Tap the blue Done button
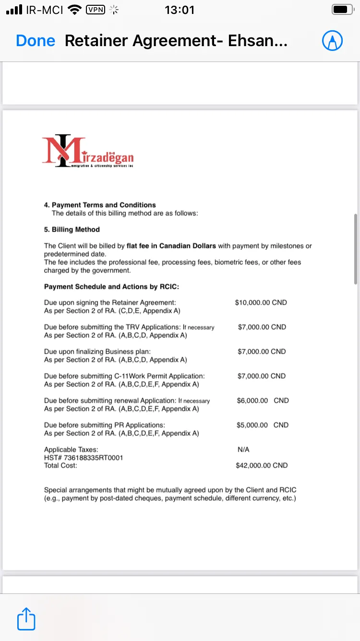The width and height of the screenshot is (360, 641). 36,41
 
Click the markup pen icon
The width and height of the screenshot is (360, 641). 332,41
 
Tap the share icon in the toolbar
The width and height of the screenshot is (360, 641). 26,619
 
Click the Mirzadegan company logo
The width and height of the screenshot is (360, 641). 88,151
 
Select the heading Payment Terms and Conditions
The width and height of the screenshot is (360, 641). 104,205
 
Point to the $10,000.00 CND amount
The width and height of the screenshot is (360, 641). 261,303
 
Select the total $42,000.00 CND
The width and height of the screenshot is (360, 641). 262,465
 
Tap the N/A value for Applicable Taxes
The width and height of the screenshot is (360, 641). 243,449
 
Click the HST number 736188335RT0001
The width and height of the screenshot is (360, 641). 84,457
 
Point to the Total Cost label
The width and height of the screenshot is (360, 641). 60,465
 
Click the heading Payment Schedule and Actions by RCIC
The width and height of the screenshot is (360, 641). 111,286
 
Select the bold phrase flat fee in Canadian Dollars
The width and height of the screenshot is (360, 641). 171,246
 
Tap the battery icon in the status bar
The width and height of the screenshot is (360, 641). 342,10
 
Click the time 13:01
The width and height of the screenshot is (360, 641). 180,10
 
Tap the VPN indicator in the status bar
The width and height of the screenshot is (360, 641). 96,10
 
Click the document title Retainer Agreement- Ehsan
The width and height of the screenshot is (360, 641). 176,41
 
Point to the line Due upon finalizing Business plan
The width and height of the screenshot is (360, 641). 97,352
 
